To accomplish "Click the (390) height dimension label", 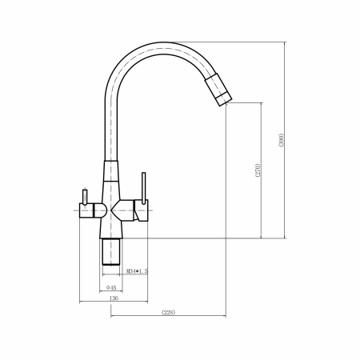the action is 282,140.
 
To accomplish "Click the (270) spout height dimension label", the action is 258,170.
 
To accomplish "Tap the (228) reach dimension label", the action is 169,312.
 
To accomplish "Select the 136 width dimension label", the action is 114,298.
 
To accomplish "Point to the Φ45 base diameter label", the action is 111,287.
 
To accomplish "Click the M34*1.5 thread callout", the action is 137,271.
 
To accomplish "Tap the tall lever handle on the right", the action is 144,188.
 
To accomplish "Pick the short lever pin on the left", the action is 85,197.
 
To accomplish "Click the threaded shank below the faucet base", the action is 111,252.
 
